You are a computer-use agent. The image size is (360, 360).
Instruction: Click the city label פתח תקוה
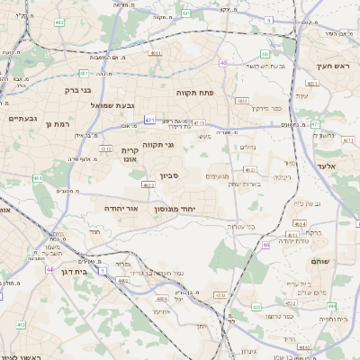[197, 92]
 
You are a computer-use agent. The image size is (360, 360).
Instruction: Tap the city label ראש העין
[331, 66]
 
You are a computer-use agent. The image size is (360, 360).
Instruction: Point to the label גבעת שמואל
[113, 105]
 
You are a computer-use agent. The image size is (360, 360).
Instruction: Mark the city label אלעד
[327, 166]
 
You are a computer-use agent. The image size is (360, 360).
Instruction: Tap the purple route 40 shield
[223, 62]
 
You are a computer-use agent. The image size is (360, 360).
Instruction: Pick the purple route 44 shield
[49, 268]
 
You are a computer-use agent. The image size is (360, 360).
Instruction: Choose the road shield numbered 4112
[106, 148]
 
